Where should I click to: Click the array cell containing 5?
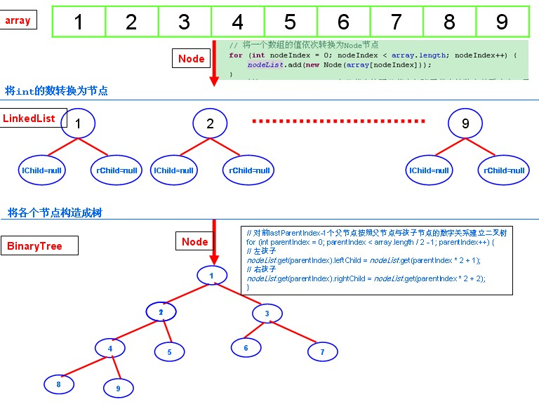[x=291, y=22]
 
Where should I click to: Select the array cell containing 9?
[x=502, y=22]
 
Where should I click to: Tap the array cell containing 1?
[x=79, y=22]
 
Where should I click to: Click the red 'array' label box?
[x=18, y=20]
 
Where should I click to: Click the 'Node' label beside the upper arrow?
[x=191, y=59]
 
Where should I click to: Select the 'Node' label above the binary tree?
[x=194, y=242]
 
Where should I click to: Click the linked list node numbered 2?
[x=209, y=124]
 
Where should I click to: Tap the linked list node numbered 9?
[x=466, y=124]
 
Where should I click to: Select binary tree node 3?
[x=267, y=313]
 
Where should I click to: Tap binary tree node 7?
[x=322, y=351]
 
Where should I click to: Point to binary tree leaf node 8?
[x=58, y=384]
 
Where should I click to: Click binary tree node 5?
[x=169, y=352]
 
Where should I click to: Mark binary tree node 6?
[x=246, y=347]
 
